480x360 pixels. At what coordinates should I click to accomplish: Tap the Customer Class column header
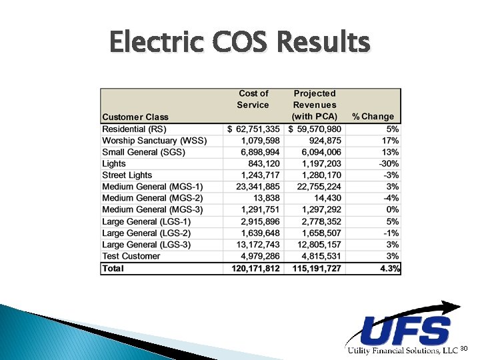[135, 117]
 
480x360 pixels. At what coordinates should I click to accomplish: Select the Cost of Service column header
[253, 99]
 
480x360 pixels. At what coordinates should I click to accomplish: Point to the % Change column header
[377, 117]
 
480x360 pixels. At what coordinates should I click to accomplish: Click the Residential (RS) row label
[135, 129]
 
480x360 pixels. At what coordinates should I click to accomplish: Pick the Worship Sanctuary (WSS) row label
[155, 141]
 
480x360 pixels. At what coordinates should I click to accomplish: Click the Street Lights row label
[127, 175]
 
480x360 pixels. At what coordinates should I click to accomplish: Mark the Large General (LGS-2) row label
[147, 233]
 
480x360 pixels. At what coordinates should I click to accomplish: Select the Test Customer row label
[131, 256]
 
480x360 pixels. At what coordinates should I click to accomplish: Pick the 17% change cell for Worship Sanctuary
[391, 141]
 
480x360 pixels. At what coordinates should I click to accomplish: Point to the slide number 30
[465, 349]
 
